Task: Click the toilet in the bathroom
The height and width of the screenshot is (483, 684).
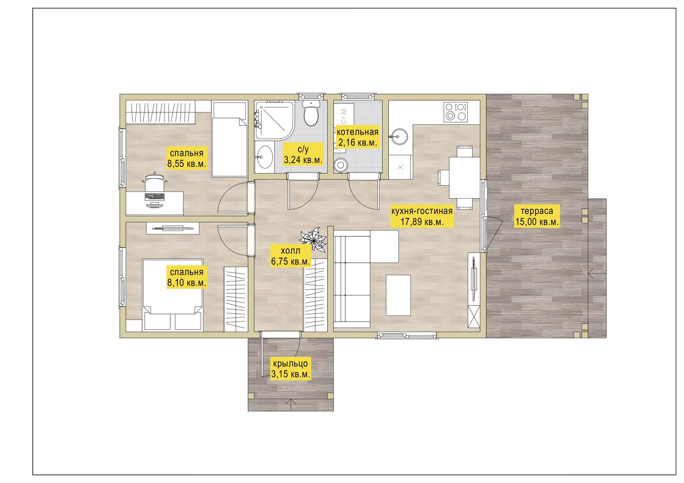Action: tap(311, 112)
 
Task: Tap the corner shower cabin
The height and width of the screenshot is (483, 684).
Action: tap(274, 120)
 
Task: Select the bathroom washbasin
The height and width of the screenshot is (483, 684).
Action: tap(264, 157)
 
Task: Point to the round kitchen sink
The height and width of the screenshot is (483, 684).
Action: tap(399, 136)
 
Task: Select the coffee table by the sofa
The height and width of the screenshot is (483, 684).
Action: tap(398, 295)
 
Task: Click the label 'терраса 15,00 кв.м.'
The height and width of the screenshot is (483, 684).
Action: tap(537, 216)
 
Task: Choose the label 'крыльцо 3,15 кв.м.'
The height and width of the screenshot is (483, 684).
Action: tap(290, 368)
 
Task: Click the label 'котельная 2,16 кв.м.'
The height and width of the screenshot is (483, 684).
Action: tap(357, 137)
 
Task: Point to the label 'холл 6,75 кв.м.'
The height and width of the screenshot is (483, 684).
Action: tap(291, 256)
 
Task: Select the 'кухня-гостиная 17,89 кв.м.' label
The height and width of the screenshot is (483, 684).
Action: tap(422, 216)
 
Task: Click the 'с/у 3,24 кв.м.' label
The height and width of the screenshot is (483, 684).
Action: tap(303, 154)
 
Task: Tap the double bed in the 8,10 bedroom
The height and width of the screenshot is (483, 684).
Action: tap(173, 295)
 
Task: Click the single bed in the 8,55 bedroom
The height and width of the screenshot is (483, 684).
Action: tap(230, 140)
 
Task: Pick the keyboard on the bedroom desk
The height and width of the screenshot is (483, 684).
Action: tap(155, 197)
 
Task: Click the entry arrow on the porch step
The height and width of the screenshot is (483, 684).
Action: tap(290, 401)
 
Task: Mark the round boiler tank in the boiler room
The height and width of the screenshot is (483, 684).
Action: tap(340, 165)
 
